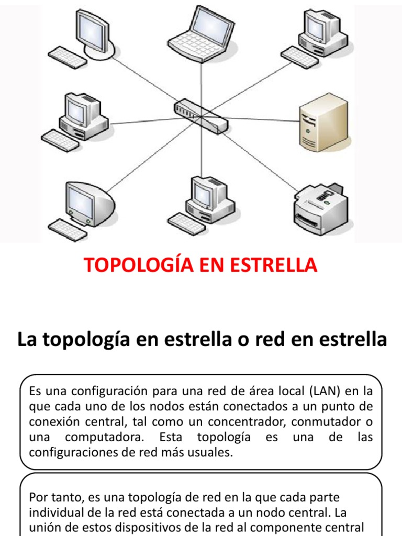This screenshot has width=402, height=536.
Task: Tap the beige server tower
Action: (323, 122)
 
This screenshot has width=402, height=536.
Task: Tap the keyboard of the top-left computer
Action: (68, 57)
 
